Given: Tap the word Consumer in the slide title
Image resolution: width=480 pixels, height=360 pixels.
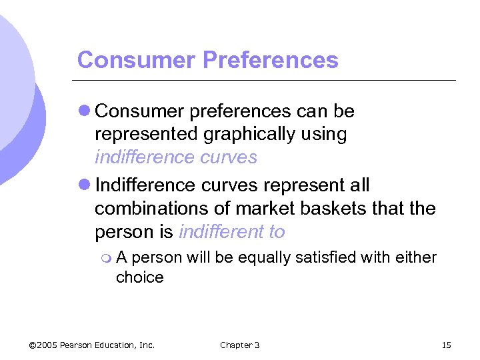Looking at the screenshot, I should click(x=136, y=61).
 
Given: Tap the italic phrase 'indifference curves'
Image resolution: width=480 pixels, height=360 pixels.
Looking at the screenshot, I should click(x=175, y=157).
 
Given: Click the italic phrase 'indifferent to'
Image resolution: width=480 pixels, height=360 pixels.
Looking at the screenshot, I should click(x=232, y=232).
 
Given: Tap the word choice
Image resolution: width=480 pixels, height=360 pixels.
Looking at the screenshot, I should click(x=139, y=277).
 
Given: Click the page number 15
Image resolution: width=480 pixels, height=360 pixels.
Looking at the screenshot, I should click(x=447, y=345).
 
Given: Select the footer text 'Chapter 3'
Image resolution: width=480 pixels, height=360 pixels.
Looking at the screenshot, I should click(x=240, y=345).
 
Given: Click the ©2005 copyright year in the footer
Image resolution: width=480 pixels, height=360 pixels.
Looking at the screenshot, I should click(x=43, y=345).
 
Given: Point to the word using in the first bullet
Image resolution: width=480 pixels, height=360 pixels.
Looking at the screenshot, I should click(x=324, y=135).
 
